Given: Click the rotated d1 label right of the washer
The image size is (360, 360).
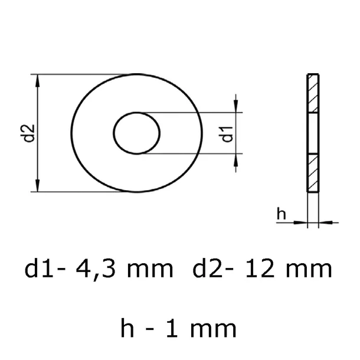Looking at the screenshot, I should (227, 133).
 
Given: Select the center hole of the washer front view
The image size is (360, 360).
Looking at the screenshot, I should (137, 133).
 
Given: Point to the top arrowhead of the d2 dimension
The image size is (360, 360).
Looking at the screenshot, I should (38, 80).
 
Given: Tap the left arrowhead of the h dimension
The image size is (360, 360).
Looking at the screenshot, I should (303, 222).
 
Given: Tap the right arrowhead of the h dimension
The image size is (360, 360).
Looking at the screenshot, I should (323, 222).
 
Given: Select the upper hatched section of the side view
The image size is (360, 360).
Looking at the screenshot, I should (312, 93).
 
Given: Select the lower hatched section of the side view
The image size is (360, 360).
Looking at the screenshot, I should (312, 172).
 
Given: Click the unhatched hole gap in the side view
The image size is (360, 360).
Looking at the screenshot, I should (312, 133).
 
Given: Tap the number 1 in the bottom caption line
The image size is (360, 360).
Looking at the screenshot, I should (178, 328).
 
